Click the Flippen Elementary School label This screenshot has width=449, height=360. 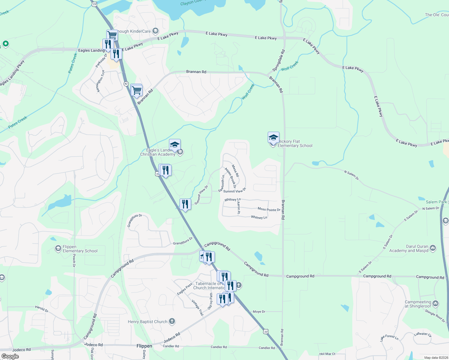[80, 249]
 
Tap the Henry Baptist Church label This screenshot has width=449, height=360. [148, 322]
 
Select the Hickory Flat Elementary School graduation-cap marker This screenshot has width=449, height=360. [273, 138]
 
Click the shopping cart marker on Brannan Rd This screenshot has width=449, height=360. [137, 90]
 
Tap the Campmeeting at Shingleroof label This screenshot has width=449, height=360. [418, 304]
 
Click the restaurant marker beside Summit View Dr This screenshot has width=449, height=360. [185, 204]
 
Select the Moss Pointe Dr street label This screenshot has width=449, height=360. [269, 209]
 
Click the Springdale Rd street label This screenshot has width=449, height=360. [278, 61]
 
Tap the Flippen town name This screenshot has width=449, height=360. [144, 346]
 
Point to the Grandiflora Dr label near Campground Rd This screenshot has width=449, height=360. [182, 241]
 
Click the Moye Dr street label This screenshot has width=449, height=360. [259, 312]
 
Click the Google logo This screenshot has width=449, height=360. [10, 356]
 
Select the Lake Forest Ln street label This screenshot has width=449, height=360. [389, 338]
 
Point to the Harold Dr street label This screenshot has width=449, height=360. [42, 309]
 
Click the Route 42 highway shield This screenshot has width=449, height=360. [126, 84]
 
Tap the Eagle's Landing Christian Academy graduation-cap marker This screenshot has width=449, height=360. [175, 145]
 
